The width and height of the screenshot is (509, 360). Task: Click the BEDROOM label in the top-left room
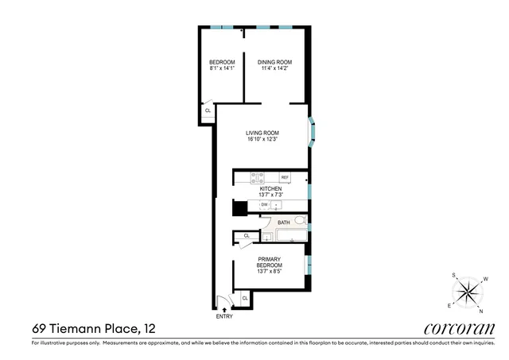point(222,63)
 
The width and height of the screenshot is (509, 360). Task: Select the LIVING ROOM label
point(262,133)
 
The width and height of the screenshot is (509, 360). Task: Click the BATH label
point(283,223)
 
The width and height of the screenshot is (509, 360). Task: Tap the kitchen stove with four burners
point(257,176)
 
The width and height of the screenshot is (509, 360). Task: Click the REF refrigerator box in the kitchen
point(284,177)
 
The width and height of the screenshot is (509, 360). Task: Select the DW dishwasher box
point(264,205)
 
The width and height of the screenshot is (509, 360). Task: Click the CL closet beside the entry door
point(245,298)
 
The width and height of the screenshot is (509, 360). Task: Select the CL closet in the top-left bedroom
point(208,111)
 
